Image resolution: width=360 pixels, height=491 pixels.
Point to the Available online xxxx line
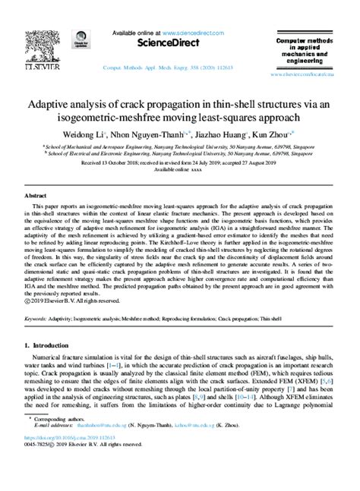[179, 170]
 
